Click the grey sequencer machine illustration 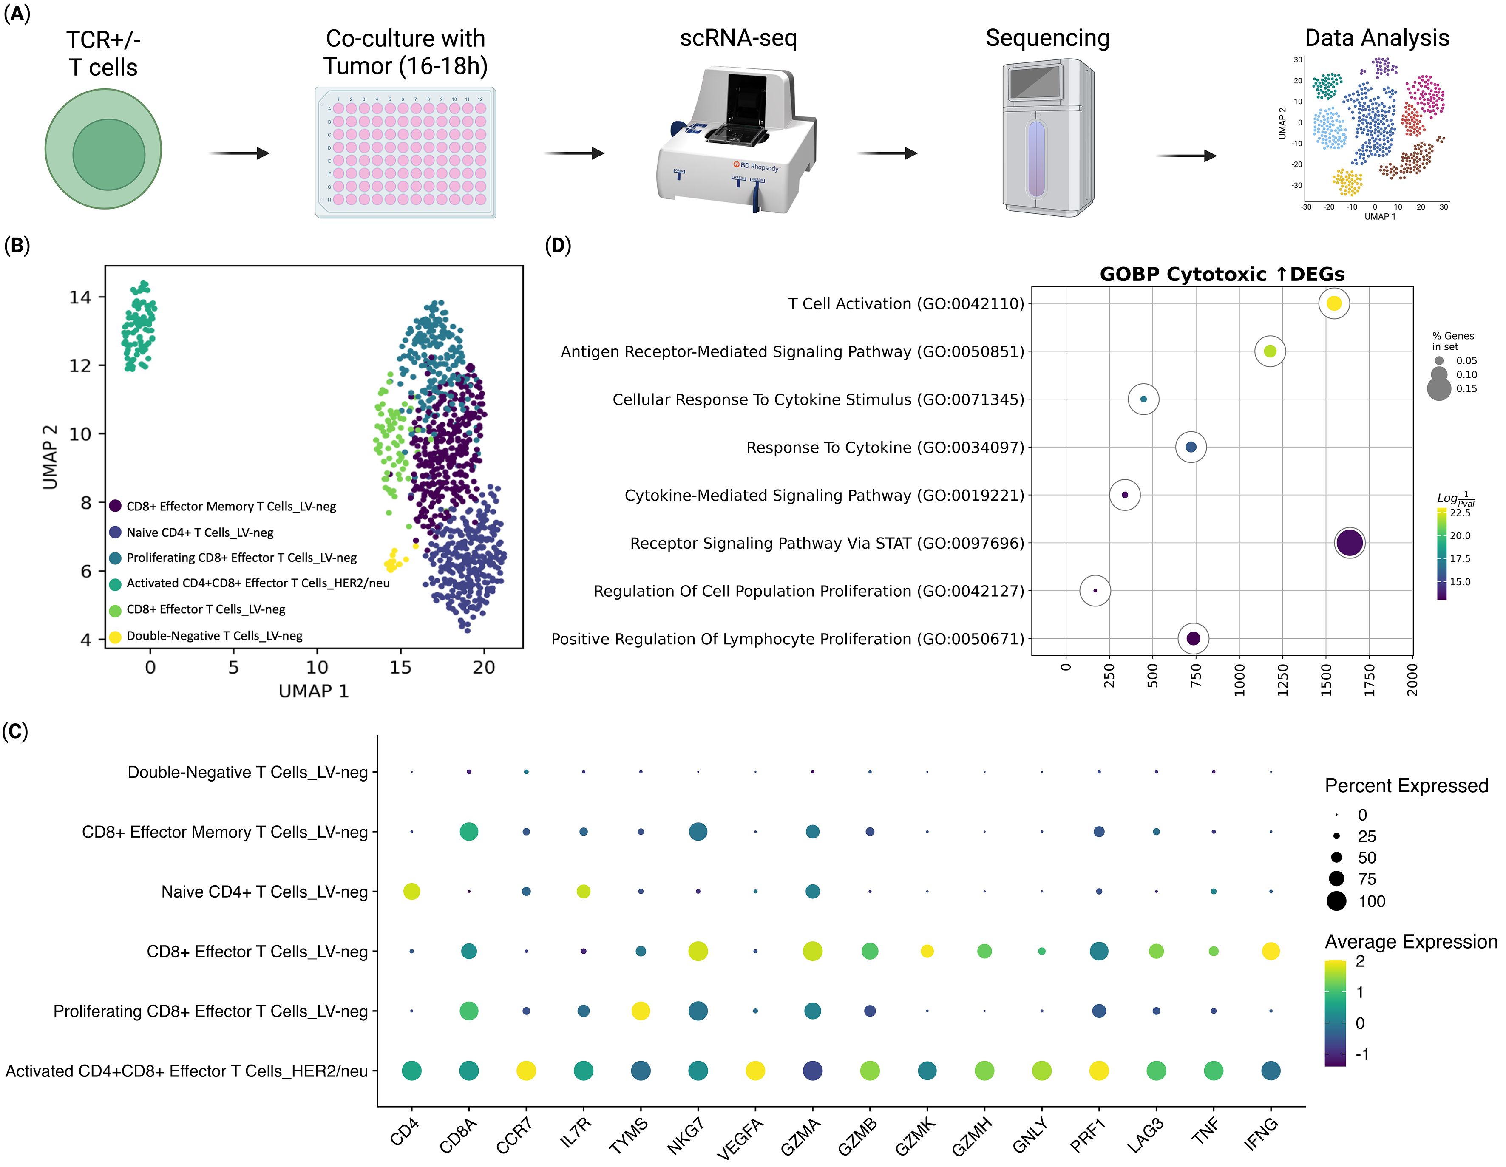[1047, 138]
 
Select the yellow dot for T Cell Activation [1333, 303]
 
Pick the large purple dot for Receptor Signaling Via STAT [1350, 543]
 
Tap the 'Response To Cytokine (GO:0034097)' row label [885, 448]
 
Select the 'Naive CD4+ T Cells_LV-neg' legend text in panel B [200, 532]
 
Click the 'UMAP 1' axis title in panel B [314, 691]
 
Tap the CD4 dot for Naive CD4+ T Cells [411, 891]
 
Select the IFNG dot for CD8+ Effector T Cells [1270, 951]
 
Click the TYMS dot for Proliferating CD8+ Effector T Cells [641, 1011]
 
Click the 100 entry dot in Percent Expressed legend [1336, 901]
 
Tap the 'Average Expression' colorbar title [1411, 942]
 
